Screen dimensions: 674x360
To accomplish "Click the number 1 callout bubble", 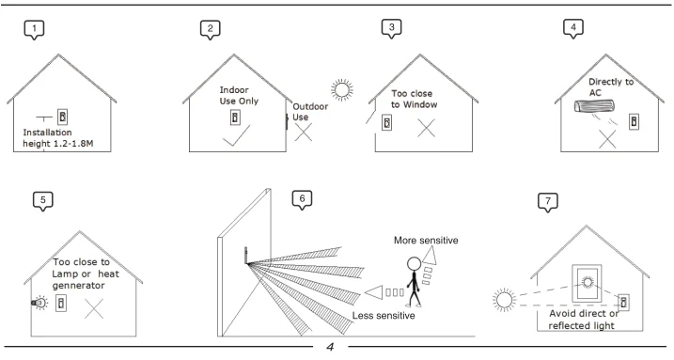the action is [x=34, y=30].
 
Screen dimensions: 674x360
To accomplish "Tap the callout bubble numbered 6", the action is [x=302, y=199].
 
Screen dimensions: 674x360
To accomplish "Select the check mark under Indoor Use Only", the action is [x=236, y=135].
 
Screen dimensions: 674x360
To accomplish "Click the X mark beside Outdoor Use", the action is [x=304, y=132].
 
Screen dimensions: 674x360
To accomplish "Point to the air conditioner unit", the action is [x=594, y=105].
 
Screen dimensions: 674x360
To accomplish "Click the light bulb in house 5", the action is [x=39, y=303].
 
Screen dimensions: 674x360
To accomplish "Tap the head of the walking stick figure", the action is [x=414, y=264].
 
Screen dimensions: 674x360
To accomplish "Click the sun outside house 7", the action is [x=504, y=300].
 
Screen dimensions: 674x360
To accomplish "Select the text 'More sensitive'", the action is [x=426, y=240].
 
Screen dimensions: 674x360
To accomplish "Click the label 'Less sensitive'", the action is [x=384, y=315].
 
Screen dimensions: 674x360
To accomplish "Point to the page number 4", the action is [x=330, y=347].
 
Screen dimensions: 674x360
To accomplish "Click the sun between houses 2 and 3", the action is [x=342, y=90].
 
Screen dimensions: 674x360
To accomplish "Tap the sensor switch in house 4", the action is [x=634, y=121].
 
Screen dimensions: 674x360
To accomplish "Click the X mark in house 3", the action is [x=426, y=128].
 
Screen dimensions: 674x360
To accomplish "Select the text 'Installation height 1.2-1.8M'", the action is [x=57, y=138].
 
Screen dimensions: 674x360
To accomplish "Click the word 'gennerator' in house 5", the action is [x=78, y=286].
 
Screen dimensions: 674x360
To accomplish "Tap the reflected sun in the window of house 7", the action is [x=588, y=282].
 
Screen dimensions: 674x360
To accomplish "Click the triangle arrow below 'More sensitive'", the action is [x=430, y=257].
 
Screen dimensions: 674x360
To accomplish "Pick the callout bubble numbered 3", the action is [x=391, y=28].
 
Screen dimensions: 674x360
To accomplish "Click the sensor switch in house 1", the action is [x=62, y=117].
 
